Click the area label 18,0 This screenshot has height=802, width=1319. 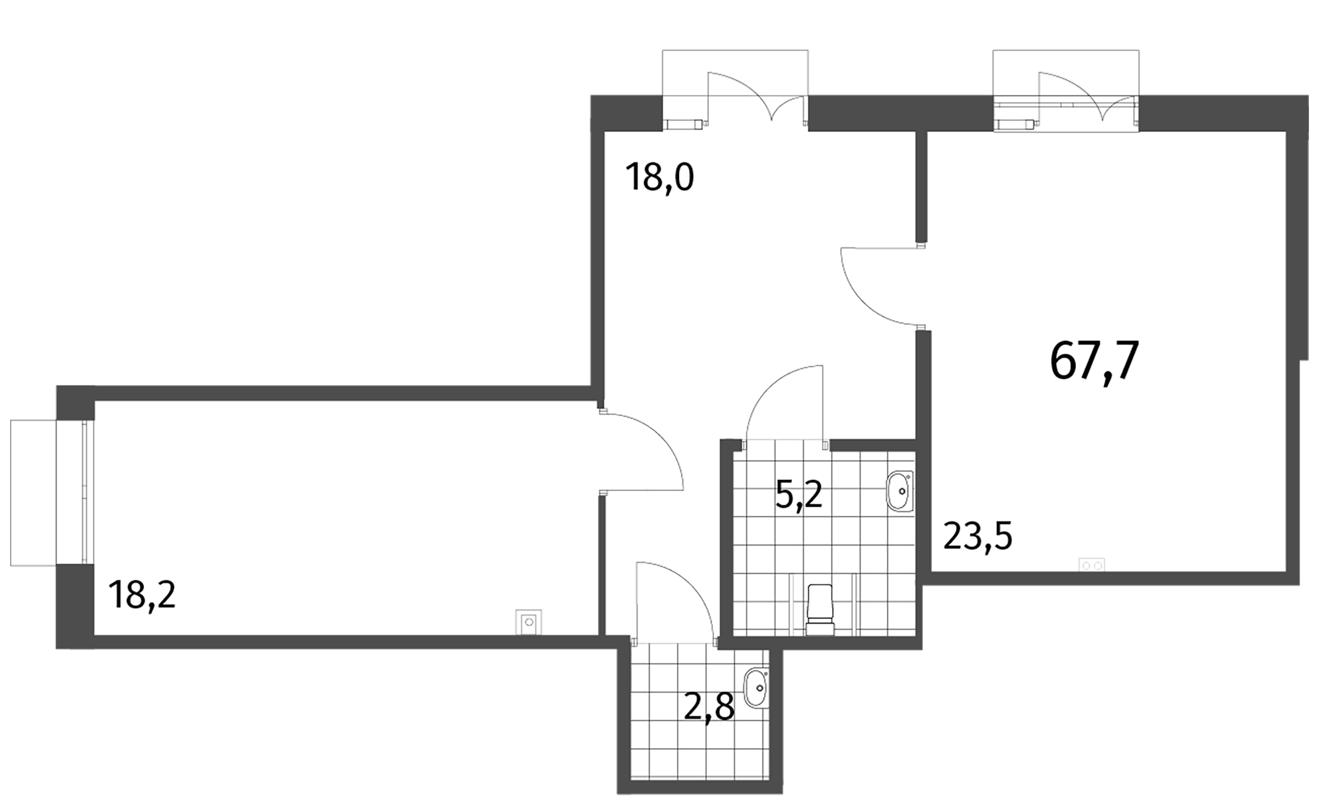(x=659, y=178)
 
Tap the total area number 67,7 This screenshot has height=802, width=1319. (x=1094, y=361)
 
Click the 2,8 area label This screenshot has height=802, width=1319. (x=709, y=708)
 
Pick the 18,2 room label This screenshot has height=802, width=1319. (x=142, y=595)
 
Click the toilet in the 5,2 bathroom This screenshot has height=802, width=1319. (x=820, y=610)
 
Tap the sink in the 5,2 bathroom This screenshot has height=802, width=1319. (x=899, y=491)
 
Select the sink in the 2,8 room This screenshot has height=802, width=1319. (x=756, y=688)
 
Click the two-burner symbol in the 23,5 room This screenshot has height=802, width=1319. (x=1092, y=565)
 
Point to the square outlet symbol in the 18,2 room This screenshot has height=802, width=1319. (x=529, y=622)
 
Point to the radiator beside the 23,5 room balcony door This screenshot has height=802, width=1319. (x=1015, y=124)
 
